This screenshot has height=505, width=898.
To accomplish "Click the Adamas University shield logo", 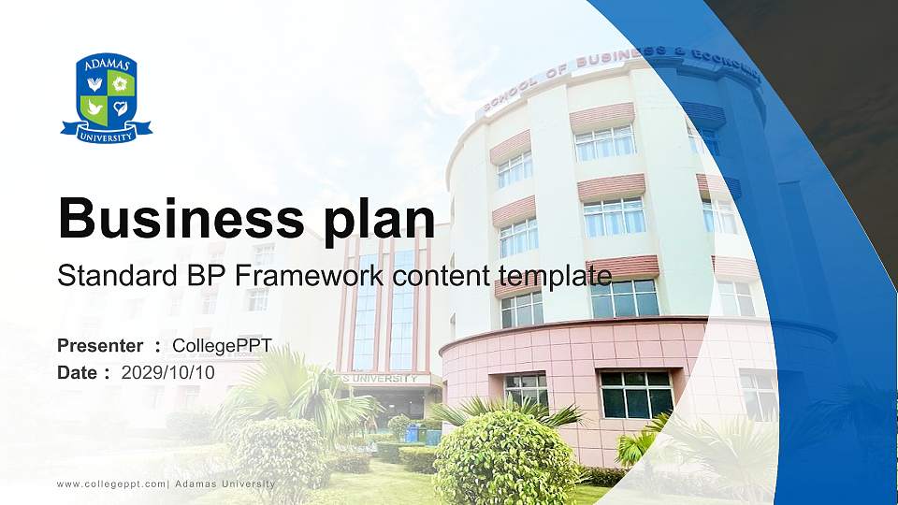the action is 107,98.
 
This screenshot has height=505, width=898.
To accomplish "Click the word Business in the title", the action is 181,218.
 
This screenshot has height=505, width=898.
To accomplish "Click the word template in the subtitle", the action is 556,277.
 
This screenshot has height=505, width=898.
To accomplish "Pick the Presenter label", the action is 100,346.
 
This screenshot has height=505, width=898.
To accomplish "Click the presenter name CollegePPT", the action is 223,346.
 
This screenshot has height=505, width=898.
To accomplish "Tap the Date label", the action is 77,373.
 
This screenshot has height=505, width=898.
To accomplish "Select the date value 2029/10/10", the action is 167,373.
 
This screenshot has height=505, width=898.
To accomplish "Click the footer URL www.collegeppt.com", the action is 111,484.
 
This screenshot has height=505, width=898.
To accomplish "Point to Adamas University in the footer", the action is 225,484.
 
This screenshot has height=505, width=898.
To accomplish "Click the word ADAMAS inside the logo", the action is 107,65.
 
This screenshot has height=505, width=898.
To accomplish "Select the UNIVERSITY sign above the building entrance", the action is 384,379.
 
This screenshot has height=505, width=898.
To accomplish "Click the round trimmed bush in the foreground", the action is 505,458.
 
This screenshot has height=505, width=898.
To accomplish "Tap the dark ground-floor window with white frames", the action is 636,395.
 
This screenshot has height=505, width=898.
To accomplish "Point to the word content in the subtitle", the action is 441,276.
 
